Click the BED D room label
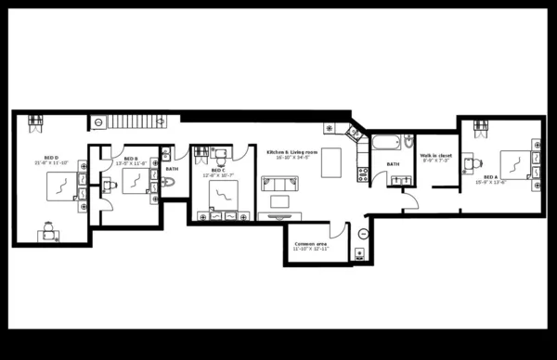(x=52, y=159)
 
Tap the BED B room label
(x=131, y=159)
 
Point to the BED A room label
(x=489, y=177)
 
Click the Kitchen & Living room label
(x=291, y=151)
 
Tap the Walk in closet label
(x=435, y=155)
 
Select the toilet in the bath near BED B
(x=168, y=183)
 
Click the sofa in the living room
(x=278, y=183)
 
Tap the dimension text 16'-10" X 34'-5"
(x=291, y=158)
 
